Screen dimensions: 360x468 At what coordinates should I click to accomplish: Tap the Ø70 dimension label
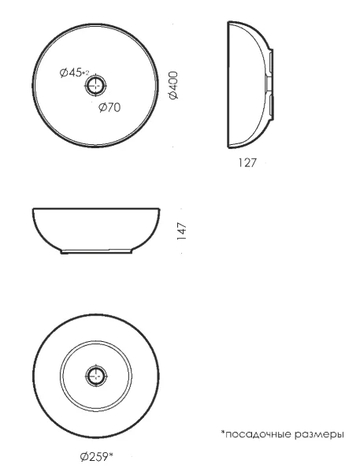tap(109, 107)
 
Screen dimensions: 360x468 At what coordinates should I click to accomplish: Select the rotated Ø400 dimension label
tap(173, 85)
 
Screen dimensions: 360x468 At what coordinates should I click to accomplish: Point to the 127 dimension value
tap(247, 162)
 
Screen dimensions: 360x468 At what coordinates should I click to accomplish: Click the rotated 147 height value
tap(181, 231)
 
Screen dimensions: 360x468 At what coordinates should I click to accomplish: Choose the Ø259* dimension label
tap(97, 456)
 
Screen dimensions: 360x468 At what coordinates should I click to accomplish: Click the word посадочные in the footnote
tap(258, 434)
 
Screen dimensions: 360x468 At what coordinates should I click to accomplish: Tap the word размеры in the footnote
tap(319, 435)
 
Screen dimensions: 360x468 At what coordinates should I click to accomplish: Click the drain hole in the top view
tap(95, 85)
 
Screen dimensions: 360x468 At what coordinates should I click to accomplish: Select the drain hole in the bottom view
tap(96, 375)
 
